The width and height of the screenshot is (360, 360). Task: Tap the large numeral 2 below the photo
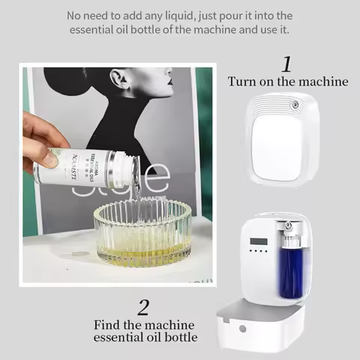(x=144, y=306)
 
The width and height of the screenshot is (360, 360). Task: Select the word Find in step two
(x=110, y=325)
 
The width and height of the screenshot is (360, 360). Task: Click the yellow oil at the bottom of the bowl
(x=142, y=255)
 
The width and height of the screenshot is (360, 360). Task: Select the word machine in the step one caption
(x=321, y=82)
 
